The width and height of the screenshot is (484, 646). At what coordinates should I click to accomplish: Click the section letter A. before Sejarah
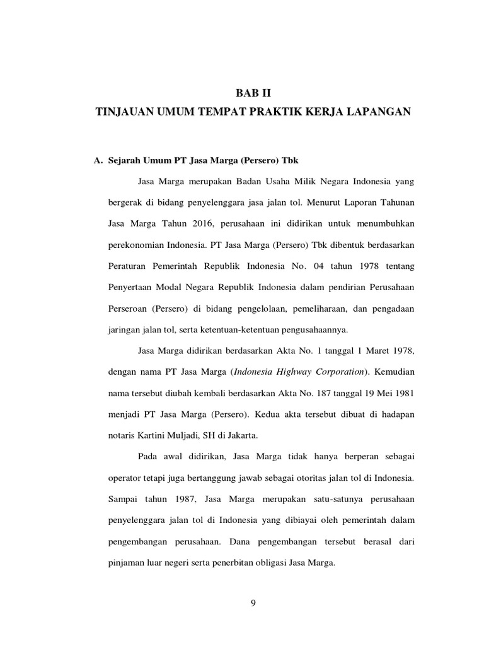click(x=98, y=161)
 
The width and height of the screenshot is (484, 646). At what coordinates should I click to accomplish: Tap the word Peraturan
click(x=127, y=265)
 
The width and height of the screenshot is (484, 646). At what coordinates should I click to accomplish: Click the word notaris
click(x=123, y=435)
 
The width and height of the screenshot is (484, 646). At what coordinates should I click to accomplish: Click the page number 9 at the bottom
click(x=253, y=604)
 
